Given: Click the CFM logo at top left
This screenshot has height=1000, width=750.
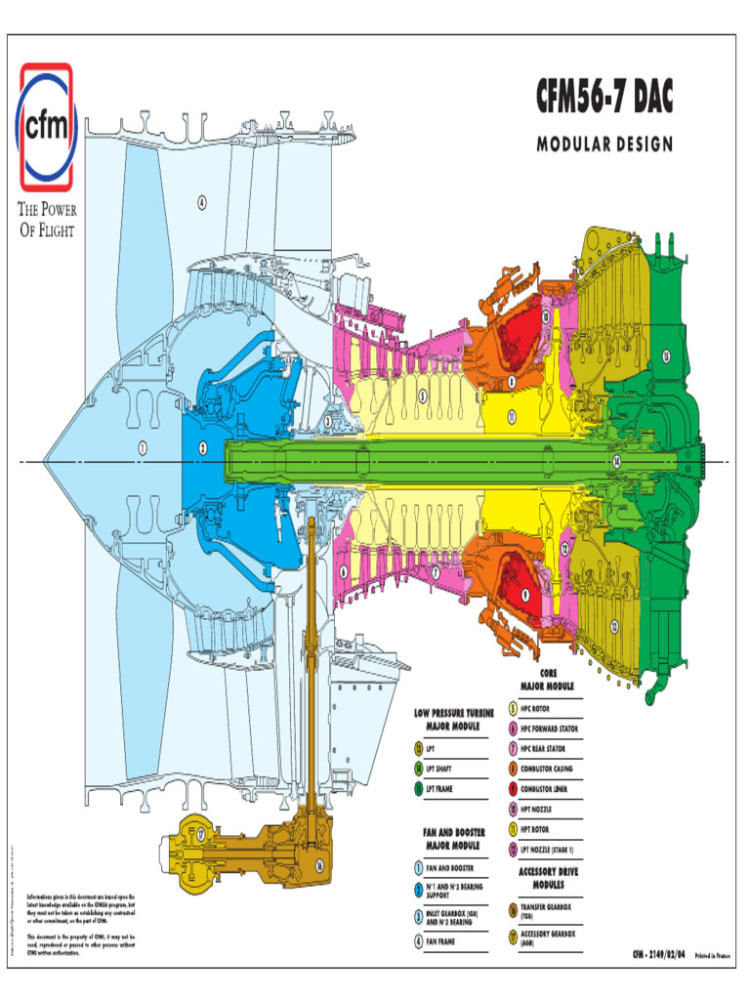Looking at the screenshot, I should [x=45, y=127].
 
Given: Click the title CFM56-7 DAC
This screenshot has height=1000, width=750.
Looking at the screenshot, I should [x=604, y=97].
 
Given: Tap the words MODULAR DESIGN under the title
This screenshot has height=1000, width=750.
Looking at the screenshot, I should [x=604, y=145].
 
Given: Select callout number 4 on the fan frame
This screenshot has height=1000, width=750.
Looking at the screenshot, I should [x=202, y=203].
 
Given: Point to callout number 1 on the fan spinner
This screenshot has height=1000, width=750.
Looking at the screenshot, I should [x=143, y=448].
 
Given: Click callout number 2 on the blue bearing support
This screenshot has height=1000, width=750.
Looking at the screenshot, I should [x=203, y=448].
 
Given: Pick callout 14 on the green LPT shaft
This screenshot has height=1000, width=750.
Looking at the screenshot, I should [x=616, y=460].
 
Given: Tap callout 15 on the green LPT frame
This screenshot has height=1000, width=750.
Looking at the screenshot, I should [x=667, y=356].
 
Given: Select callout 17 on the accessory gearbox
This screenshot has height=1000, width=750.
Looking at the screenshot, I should [x=200, y=835].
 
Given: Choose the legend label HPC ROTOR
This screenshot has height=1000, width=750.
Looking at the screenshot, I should [x=539, y=708].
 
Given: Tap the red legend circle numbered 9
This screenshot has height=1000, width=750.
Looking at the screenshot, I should [x=513, y=788].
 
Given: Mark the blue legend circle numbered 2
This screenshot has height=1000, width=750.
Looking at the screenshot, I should [x=418, y=890].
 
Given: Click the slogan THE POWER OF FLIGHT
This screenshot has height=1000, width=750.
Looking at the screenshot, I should [x=46, y=220].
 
